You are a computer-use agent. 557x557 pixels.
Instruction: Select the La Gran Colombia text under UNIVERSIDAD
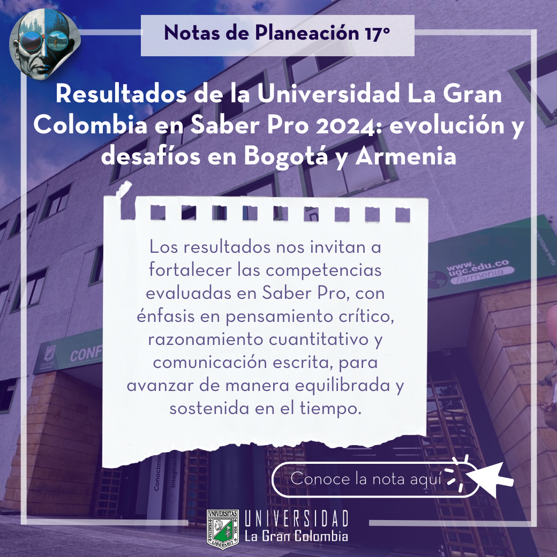point(296,536)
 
